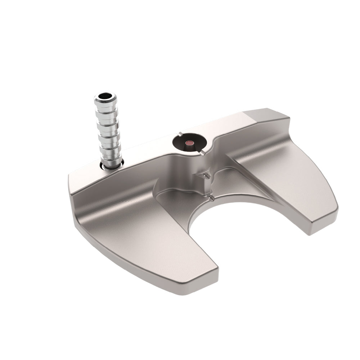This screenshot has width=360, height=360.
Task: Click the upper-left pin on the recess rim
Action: (180, 134)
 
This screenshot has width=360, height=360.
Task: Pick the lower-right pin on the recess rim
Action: (203, 153)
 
